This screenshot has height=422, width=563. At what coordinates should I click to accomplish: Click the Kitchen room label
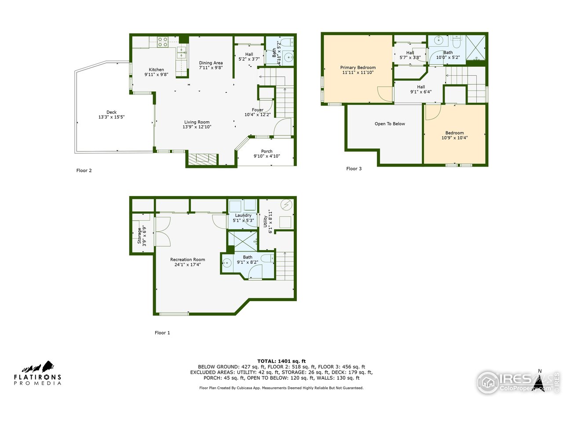[x=156, y=69]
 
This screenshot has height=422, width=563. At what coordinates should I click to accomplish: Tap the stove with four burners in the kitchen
[x=163, y=42]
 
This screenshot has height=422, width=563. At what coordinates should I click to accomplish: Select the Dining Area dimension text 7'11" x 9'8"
[x=211, y=68]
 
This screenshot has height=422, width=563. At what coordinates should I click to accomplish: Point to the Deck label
[x=111, y=112]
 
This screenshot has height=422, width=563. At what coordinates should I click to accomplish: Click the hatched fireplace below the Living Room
[x=203, y=160]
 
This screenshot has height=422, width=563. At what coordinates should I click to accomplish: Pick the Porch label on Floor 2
[x=267, y=151]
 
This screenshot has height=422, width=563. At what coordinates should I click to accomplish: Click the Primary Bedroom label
[x=358, y=67]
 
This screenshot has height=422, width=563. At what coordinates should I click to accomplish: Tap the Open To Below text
[x=390, y=124]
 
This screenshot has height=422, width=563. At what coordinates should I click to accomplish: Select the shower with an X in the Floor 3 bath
[x=475, y=47]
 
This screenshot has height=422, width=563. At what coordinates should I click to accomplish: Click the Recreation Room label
[x=187, y=259]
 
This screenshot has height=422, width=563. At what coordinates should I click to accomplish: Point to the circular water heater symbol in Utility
[x=286, y=204]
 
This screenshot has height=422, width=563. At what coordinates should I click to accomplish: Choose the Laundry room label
[x=243, y=215]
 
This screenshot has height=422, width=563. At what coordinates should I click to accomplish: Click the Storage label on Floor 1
[x=139, y=236]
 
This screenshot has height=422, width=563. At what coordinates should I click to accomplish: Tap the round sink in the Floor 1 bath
[x=227, y=262]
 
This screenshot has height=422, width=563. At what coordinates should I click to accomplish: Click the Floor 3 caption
[x=354, y=169]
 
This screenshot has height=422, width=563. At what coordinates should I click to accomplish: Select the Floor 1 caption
[x=162, y=333]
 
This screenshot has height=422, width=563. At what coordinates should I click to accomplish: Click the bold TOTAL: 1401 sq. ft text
[x=281, y=361]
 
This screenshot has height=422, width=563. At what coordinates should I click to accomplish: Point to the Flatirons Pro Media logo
[x=37, y=373]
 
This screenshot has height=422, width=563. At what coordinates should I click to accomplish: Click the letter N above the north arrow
[x=540, y=371]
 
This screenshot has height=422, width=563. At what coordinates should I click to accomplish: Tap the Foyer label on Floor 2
[x=257, y=109]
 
